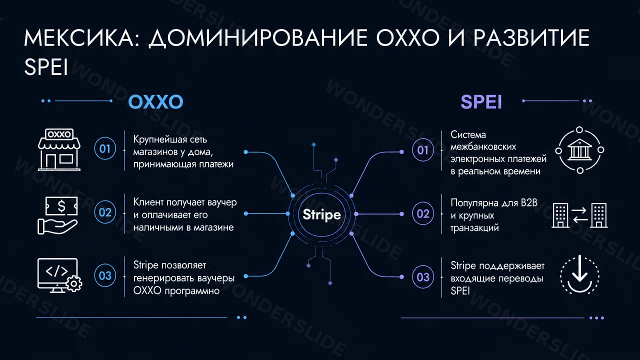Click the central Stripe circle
click(x=321, y=214)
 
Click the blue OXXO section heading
click(x=155, y=102)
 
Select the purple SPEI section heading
click(x=481, y=102)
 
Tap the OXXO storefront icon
click(x=59, y=149)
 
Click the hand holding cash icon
click(x=57, y=215)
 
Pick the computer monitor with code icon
click(x=59, y=275)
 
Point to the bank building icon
click(x=579, y=150)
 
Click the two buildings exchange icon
click(x=579, y=215)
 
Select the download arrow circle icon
click(x=579, y=275)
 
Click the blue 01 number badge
click(x=105, y=148)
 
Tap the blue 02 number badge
click(x=105, y=212)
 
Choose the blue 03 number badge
click(x=105, y=275)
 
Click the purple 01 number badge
click(x=423, y=150)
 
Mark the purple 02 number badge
click(x=423, y=213)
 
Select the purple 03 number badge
click(x=423, y=277)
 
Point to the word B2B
click(x=529, y=203)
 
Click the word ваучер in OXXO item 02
click(x=222, y=203)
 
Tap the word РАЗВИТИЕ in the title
click(x=531, y=38)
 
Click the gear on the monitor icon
click(x=74, y=283)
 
